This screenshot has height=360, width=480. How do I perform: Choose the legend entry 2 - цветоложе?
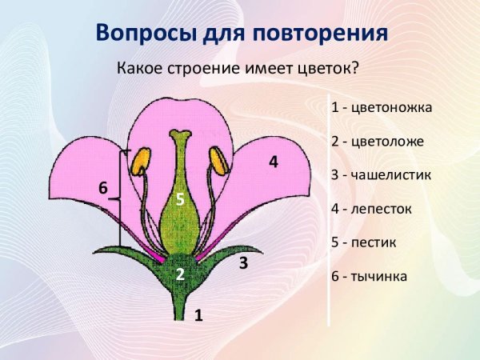coord(376,141)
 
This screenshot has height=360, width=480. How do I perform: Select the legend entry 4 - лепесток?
coord(371,208)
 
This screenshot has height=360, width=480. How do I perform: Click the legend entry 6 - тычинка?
coord(369,276)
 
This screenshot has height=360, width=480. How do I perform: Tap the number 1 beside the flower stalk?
coord(198,315)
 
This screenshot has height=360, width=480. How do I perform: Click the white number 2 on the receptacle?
coord(181,274)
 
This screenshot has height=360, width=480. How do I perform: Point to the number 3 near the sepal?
coord(243,262)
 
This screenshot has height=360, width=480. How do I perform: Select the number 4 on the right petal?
coord(273,162)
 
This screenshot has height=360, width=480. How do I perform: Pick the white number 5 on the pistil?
coord(181,200)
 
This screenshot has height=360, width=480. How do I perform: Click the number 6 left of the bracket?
coord(102,187)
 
